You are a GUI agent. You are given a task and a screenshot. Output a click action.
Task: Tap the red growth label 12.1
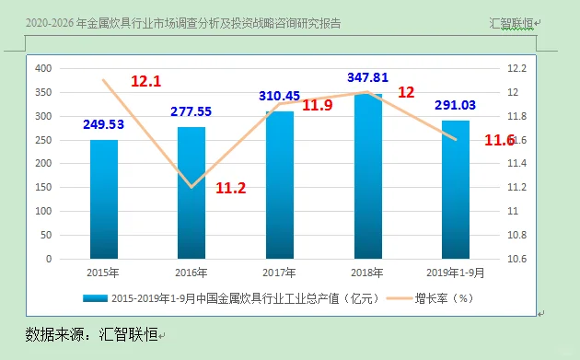point(145,81)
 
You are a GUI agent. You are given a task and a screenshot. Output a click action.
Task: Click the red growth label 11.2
point(230,188)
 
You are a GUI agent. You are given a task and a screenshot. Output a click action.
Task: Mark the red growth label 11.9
point(317,105)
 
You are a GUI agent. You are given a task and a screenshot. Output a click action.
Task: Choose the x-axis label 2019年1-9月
point(456,274)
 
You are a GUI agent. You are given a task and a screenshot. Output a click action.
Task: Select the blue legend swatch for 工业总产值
point(96,298)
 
